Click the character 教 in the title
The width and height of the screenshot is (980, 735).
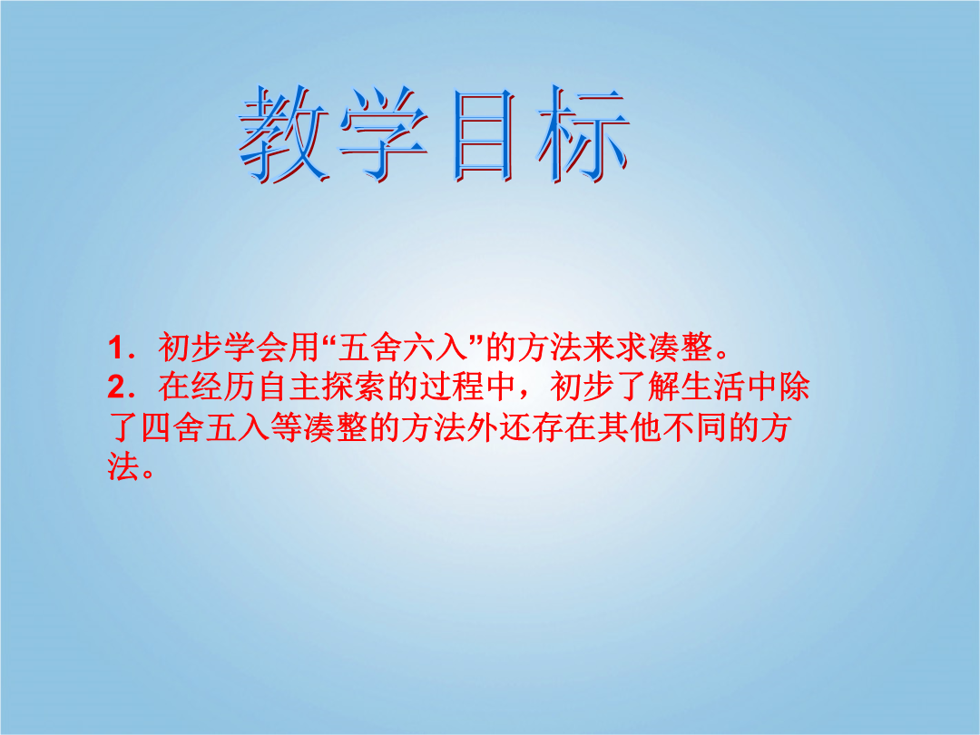tap(284, 133)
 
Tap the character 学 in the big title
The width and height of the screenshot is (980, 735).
tap(384, 133)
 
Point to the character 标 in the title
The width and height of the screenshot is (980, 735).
tap(583, 135)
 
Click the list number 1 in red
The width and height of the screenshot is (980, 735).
tap(116, 348)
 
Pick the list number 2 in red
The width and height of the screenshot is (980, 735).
tap(117, 387)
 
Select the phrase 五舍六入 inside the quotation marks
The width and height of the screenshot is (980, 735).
tap(403, 348)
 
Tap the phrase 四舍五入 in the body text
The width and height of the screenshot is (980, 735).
tap(206, 427)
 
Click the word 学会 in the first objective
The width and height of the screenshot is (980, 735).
tap(256, 348)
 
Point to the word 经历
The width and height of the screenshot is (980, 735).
tap(223, 387)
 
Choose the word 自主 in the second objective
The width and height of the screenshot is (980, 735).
tap(289, 387)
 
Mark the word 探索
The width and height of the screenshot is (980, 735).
tap(354, 387)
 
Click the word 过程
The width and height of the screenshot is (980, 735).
tap(451, 387)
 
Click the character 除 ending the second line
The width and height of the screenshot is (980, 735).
tap(794, 387)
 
